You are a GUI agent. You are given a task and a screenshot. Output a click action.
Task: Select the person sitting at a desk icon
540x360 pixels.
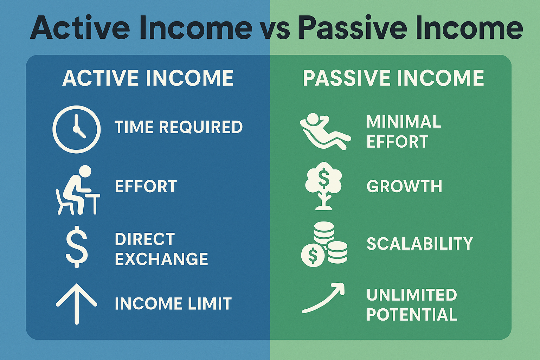click(78, 190)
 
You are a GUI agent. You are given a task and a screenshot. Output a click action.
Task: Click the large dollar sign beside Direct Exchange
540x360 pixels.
click(77, 247)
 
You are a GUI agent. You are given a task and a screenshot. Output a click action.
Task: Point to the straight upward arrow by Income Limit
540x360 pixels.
click(77, 304)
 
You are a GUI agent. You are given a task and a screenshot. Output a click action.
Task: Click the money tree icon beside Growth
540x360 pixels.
click(323, 186)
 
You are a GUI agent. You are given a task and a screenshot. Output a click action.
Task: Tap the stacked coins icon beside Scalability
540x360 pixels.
click(324, 244)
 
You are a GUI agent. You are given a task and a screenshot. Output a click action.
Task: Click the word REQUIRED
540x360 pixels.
click(201, 127)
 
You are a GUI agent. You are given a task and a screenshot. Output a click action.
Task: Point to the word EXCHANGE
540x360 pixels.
click(161, 259)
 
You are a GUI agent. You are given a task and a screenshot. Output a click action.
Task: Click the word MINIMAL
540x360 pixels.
click(404, 122)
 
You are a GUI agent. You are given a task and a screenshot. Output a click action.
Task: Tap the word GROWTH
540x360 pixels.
click(404, 186)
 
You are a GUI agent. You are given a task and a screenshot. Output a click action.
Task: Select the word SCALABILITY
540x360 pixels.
click(420, 244)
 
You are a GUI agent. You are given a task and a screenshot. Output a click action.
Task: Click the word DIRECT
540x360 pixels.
click(145, 239)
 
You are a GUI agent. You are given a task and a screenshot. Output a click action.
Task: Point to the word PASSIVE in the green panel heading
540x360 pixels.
click(346, 78)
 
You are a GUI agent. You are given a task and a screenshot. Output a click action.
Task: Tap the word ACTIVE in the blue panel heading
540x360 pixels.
click(100, 78)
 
